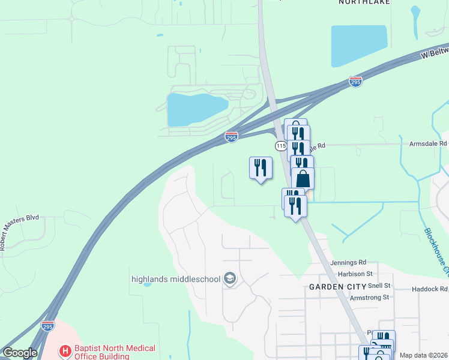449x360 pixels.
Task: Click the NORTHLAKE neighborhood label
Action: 364,2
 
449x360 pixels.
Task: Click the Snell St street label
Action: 379,286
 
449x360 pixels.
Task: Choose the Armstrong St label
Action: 369,297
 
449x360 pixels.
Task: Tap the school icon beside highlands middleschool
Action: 229,278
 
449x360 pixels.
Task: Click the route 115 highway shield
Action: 281,146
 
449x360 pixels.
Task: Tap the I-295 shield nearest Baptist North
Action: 47,326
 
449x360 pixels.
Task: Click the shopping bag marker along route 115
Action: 303,178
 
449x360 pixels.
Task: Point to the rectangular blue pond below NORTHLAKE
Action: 358,45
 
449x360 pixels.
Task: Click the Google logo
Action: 19,353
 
